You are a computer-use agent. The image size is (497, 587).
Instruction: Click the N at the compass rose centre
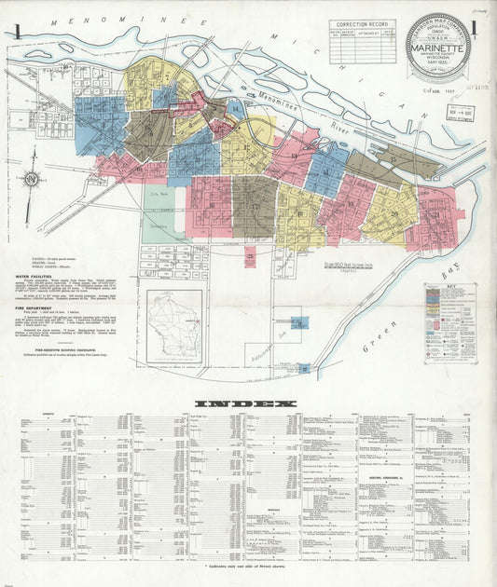[x=32, y=179]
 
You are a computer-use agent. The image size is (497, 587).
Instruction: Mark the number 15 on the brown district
[x=394, y=159]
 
